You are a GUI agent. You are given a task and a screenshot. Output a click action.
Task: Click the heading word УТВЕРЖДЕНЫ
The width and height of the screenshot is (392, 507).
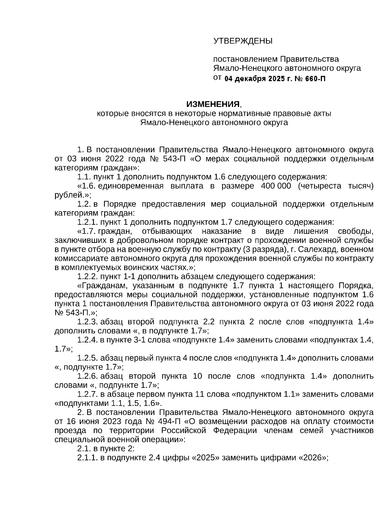243,41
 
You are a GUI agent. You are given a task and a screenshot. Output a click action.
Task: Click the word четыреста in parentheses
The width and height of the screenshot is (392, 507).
322,186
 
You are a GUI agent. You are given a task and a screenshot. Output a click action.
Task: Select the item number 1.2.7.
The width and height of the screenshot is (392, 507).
88,394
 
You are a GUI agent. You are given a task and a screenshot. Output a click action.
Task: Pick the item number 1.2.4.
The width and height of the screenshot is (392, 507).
88,340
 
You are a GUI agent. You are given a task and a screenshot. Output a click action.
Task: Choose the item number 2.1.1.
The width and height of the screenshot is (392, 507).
88,457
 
